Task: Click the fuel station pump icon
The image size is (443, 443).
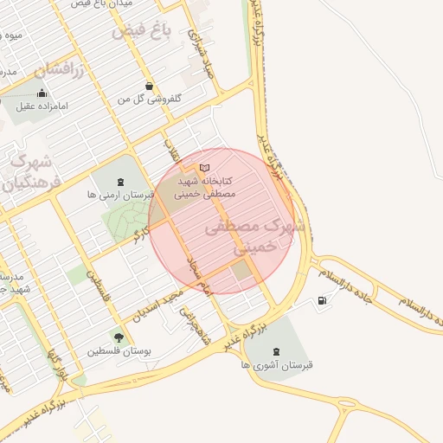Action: click(x=323, y=301)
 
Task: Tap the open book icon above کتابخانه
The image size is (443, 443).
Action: click(x=204, y=167)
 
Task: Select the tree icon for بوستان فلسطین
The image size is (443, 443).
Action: click(x=119, y=337)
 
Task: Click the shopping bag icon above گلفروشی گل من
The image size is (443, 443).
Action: click(x=151, y=87)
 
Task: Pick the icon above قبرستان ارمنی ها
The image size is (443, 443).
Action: click(x=119, y=182)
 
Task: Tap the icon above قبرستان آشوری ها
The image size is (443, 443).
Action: click(x=276, y=350)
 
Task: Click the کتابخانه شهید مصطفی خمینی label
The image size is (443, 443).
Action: click(x=206, y=189)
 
